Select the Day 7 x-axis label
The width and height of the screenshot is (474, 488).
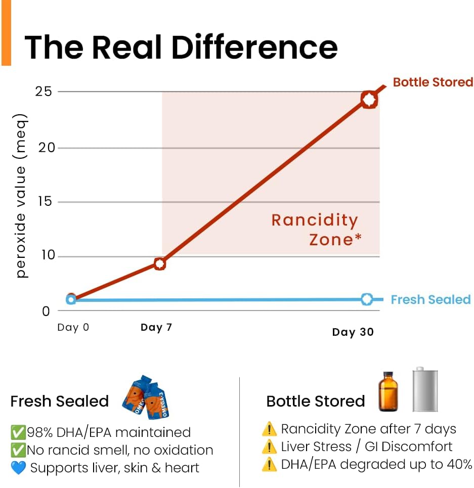[x=156, y=328]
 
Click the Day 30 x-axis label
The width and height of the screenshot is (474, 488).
[x=353, y=332]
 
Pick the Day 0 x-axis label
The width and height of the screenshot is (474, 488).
[x=73, y=327]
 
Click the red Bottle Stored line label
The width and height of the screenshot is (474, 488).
[x=433, y=82]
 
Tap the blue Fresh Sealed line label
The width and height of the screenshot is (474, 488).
[x=430, y=300]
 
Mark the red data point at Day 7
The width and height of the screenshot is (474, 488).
[x=160, y=263]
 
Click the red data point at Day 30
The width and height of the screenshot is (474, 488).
[x=369, y=100]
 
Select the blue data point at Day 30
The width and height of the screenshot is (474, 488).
[x=367, y=299]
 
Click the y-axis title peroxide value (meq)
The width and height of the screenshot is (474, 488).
[x=21, y=195]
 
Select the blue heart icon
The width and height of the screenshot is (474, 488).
[x=18, y=468]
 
